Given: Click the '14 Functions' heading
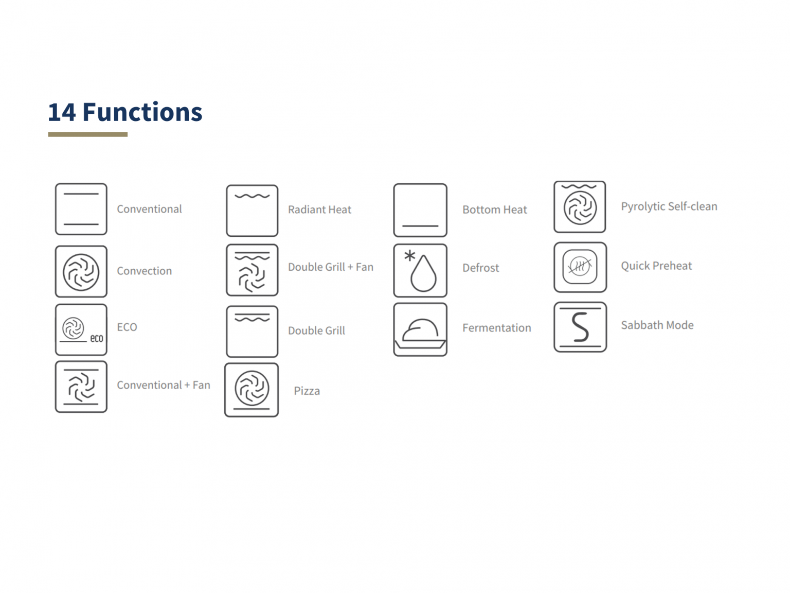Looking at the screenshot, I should click(125, 112).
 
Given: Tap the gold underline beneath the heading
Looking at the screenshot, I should click(87, 134).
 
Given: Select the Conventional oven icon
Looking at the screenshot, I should click(81, 209).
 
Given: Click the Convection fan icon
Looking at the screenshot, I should click(81, 271).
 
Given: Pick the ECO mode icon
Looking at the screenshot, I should click(81, 329).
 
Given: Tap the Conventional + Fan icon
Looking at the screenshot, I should click(81, 387).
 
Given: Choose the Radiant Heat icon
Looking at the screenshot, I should click(252, 211).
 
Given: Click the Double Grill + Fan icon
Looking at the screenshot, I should click(252, 270).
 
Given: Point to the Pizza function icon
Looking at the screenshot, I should click(252, 390).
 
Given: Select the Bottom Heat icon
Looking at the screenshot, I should click(420, 210).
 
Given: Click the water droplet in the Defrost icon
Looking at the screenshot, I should click(423, 275).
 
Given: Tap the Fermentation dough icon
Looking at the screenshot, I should click(420, 330).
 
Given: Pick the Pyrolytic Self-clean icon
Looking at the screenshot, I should click(580, 207).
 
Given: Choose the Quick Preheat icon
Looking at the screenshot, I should click(580, 267).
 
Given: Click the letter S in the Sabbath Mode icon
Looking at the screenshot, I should click(580, 327).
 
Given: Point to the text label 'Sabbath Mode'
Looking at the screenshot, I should click(657, 325).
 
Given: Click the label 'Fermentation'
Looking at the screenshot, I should click(496, 328).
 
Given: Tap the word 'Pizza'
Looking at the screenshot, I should click(307, 391).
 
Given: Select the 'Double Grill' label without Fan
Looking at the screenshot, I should click(316, 330).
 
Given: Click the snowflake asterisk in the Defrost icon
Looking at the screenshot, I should click(409, 255).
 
